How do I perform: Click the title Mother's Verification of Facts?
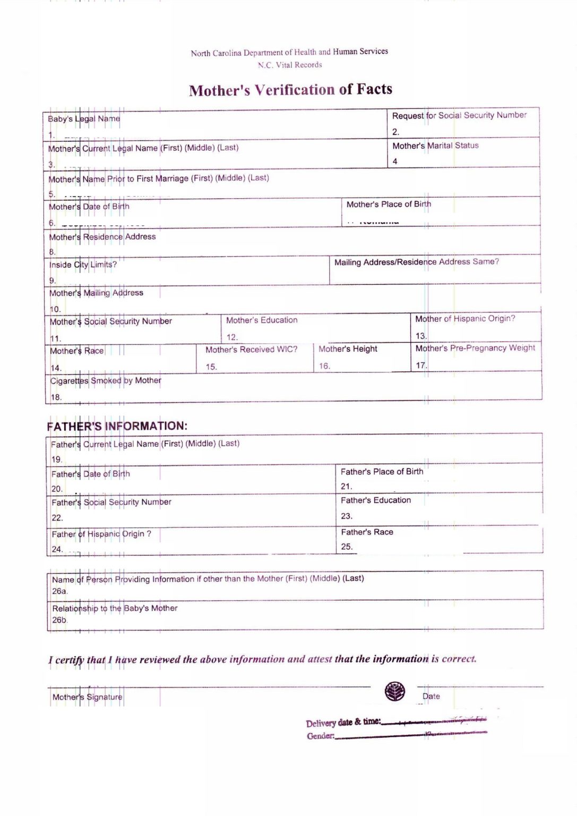290,90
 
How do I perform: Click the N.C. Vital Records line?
290,65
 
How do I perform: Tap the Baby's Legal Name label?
84,119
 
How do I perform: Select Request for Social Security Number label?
459,115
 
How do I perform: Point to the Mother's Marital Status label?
435,146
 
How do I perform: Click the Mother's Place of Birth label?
389,205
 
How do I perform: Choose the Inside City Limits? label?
83,265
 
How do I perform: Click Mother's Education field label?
262,320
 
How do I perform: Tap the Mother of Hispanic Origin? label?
465,319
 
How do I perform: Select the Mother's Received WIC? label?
251,350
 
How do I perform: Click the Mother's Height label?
348,349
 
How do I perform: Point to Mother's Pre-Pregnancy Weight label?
475,348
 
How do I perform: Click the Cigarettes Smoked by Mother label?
106,380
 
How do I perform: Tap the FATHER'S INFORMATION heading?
117,426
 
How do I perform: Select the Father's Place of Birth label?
382,472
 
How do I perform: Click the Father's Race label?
367,532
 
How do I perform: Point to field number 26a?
59,591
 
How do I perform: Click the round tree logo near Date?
394,691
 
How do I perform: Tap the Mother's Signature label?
87,697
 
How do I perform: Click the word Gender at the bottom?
320,736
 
